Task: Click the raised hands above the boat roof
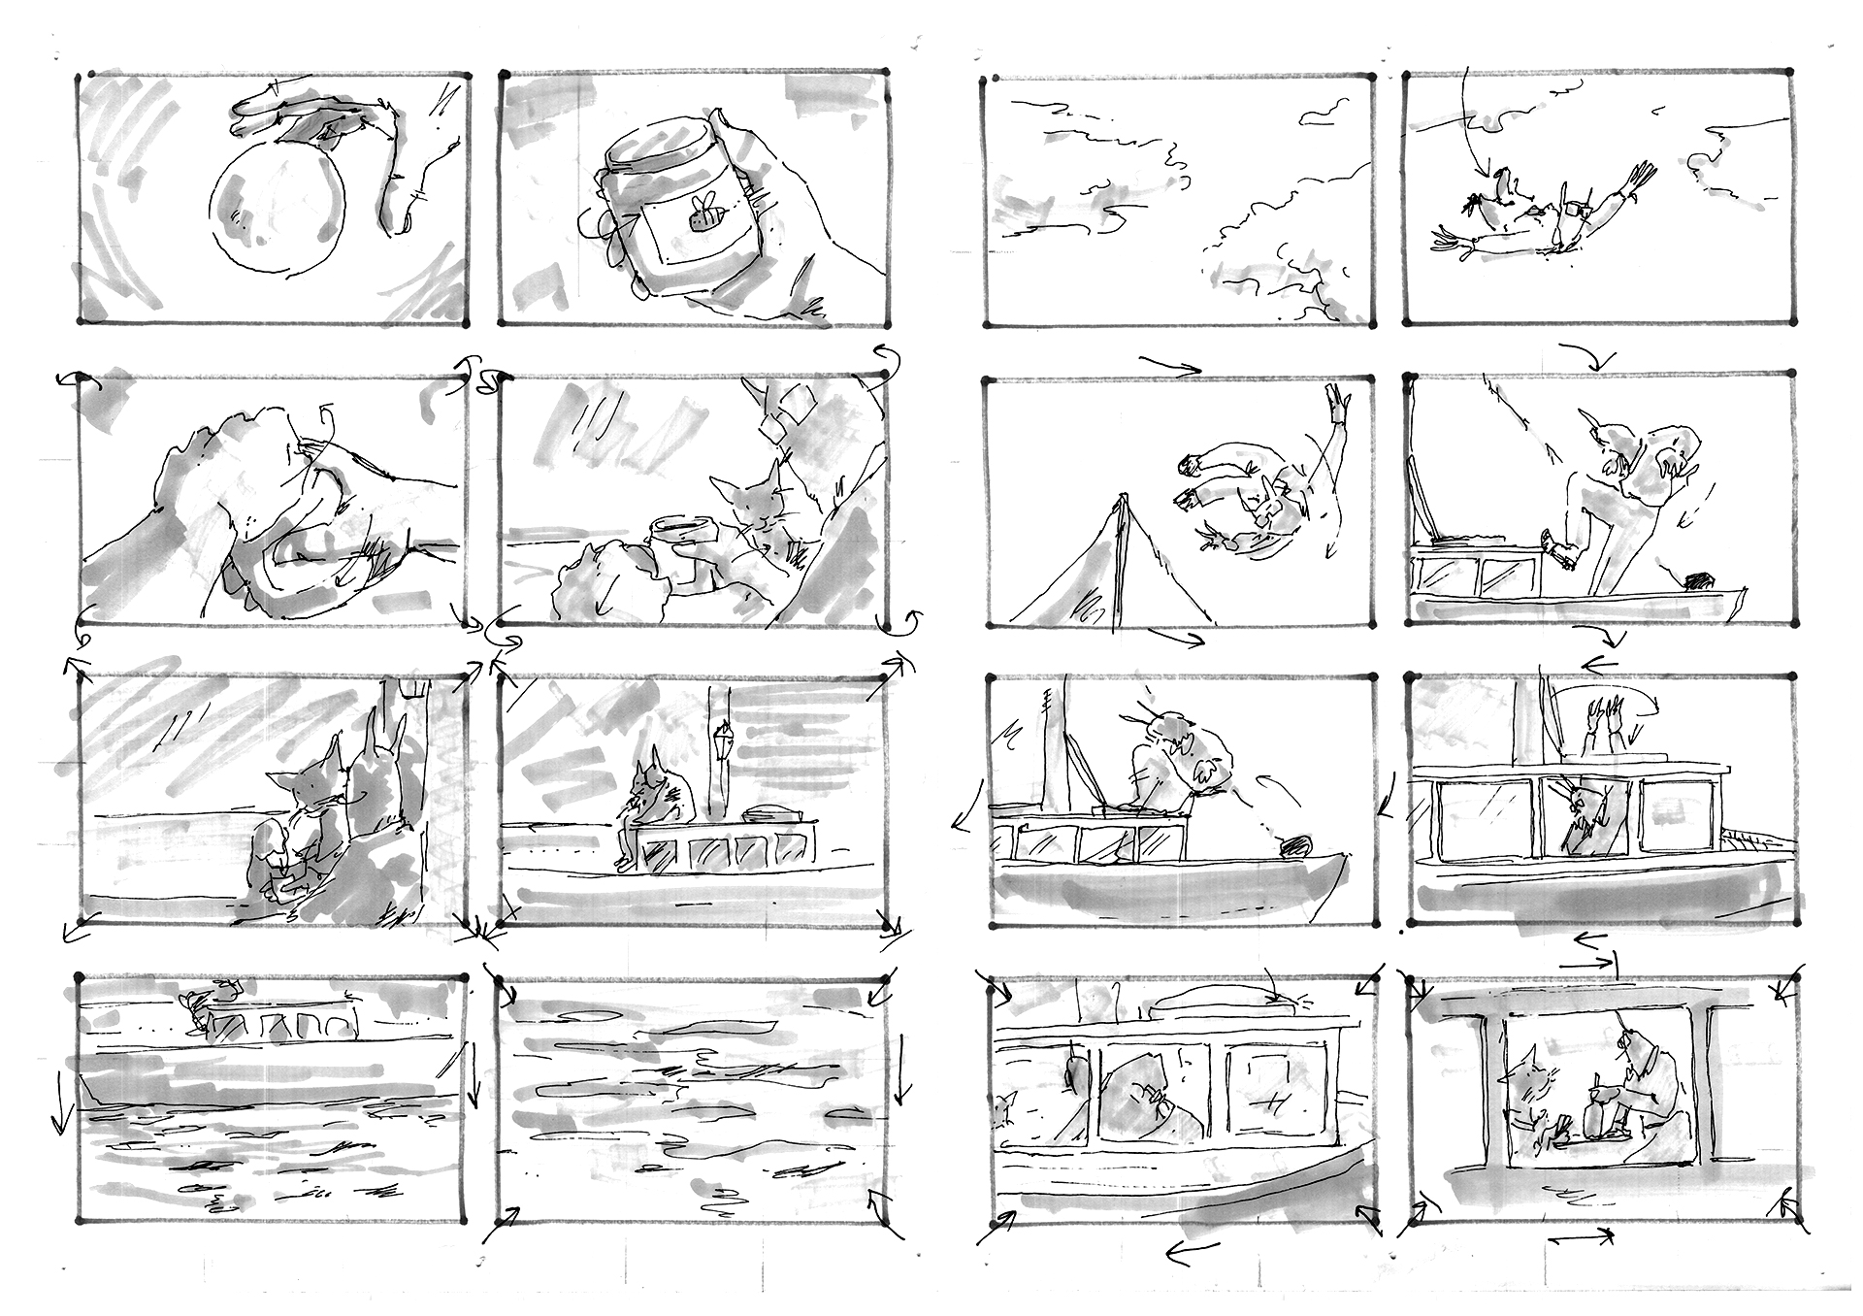(x=1600, y=712)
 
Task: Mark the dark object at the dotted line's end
(x=1295, y=847)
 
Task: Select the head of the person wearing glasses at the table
(x=1634, y=1048)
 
